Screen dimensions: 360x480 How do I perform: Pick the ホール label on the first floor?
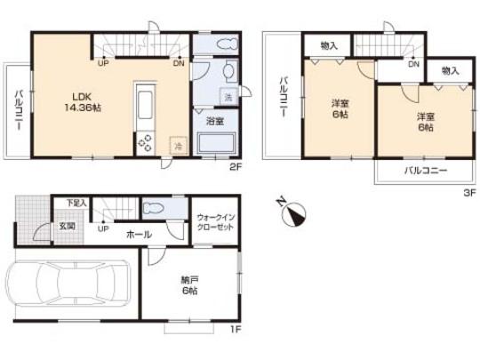point(138,235)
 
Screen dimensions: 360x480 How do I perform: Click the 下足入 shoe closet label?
point(77,204)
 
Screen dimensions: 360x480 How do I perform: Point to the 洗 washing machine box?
point(228,96)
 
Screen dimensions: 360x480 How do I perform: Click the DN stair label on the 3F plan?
point(413,64)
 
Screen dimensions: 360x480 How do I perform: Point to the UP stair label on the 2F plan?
point(103,64)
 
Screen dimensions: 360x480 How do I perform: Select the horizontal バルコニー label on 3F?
point(426,170)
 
